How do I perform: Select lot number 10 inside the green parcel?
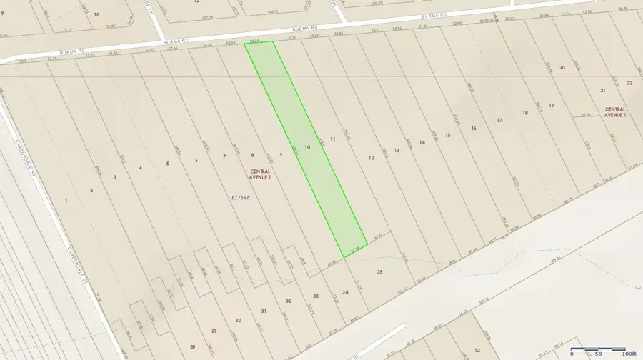pos(307,146)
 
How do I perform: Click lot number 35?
pos(380,272)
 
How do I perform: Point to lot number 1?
pos(66,201)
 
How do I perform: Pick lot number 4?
pos(141,168)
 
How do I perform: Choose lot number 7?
pos(224,156)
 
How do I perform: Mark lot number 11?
pos(333,139)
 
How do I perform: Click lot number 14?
pos(422,143)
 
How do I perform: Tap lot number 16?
pos(474,128)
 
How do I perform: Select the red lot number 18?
pos(525,113)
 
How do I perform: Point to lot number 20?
pos(562,67)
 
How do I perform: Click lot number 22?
pos(629,83)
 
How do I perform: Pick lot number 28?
pos(192,346)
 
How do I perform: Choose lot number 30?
pos(239,320)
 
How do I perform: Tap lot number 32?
pos(289,301)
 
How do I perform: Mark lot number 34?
pos(345,292)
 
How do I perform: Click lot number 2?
pos(91,190)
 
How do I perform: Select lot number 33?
pos(315,296)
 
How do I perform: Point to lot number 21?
pos(603,90)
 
